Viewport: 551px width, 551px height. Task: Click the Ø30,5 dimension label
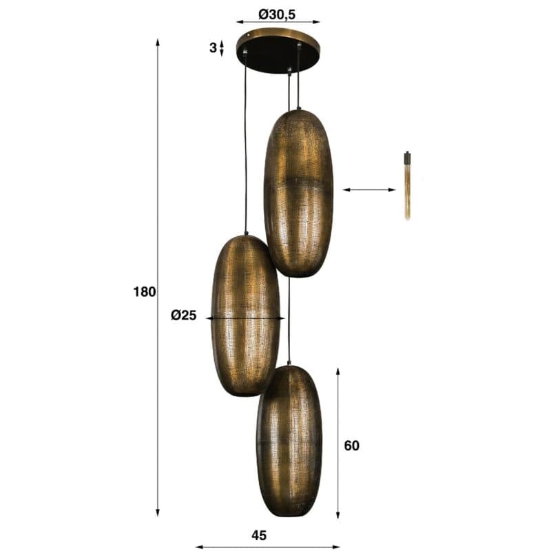tap(278, 14)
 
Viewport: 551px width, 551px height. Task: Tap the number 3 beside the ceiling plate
tap(213, 48)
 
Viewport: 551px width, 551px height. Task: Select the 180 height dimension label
tap(145, 291)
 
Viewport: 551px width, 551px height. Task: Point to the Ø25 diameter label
tap(183, 315)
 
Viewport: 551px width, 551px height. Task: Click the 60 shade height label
tap(351, 446)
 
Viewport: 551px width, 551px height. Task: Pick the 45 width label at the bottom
tap(259, 535)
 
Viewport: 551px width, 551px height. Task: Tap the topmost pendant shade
tap(298, 193)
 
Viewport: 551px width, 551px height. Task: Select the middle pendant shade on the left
tap(246, 315)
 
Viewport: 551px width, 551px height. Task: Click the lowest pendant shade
tap(289, 441)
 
